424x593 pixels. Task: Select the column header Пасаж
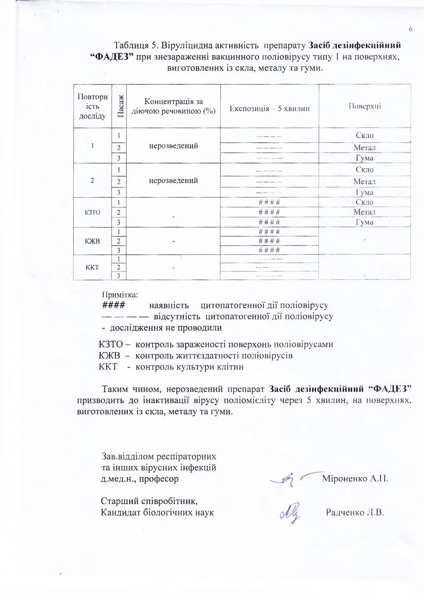119,107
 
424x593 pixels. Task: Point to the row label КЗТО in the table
93,213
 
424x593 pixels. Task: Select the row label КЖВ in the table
93,241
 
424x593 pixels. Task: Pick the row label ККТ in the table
93,267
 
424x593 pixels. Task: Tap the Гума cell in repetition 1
365,158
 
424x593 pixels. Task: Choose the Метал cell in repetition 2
364,181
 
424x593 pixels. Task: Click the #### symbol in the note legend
112,306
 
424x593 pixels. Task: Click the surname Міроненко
342,478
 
